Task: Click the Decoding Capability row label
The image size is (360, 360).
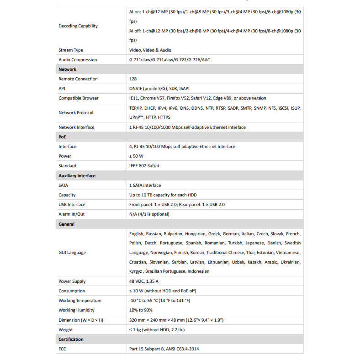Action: pyautogui.click(x=78, y=26)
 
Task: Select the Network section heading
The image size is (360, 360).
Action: pyautogui.click(x=67, y=69)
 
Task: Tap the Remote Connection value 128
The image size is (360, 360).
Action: pyautogui.click(x=133, y=79)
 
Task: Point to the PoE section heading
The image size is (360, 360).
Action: pyautogui.click(x=63, y=137)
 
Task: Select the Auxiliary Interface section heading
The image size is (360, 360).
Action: pyautogui.click(x=77, y=176)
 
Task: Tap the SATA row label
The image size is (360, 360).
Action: pyautogui.click(x=64, y=185)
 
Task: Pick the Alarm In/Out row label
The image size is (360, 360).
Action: pyautogui.click(x=72, y=214)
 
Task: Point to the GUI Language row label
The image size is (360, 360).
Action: pyautogui.click(x=72, y=253)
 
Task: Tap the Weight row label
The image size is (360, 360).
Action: pyautogui.click(x=66, y=330)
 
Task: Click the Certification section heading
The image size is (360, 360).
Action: pyautogui.click(x=71, y=339)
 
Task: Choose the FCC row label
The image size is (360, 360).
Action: pyautogui.click(x=63, y=349)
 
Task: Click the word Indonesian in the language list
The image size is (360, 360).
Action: pyautogui.click(x=198, y=271)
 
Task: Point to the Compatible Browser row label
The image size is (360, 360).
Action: pyautogui.click(x=79, y=98)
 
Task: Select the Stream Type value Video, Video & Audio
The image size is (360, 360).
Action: pyautogui.click(x=150, y=50)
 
